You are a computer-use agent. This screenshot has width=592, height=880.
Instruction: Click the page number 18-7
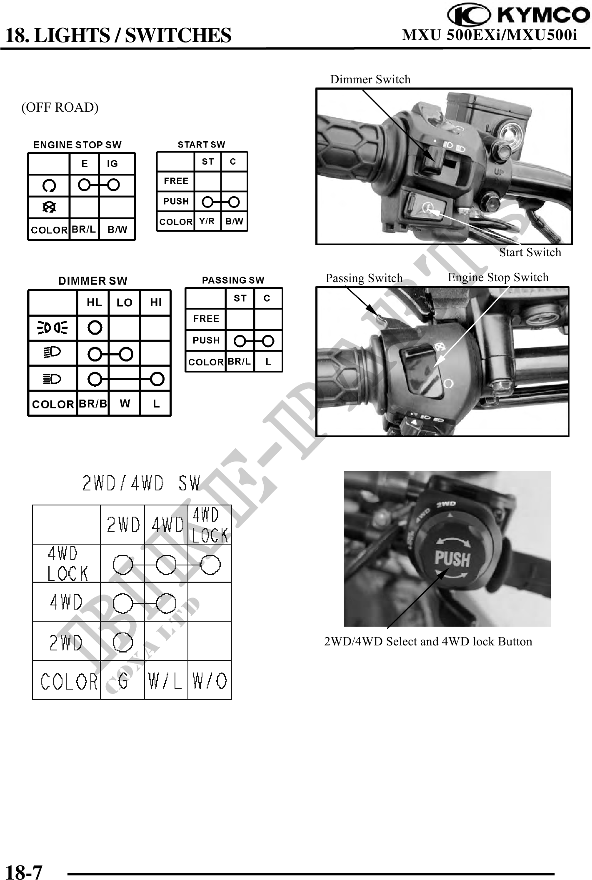pos(24,869)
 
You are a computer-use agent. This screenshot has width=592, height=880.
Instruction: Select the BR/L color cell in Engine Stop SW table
pos(84,229)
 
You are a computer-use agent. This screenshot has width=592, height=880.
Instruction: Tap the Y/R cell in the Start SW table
pos(207,221)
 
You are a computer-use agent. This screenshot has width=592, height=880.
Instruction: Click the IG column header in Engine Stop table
pos(112,164)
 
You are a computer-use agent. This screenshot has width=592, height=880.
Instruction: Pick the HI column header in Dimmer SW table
pos(156,302)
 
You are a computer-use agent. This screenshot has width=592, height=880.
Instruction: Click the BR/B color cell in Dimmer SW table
pos(92,403)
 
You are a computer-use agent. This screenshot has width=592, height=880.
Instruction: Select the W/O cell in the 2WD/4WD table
pos(210,681)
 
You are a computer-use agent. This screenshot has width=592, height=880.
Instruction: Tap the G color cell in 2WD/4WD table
pos(122,681)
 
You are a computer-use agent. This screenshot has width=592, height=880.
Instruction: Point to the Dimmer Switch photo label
pos(370,79)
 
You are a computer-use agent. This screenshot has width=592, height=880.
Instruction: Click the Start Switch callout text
pos(530,252)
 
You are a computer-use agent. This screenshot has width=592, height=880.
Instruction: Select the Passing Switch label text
pos(364,278)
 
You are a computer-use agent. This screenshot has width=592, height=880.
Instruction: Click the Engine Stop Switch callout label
pos(498,277)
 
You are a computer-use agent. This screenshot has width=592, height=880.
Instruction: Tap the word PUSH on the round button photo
pos(452,559)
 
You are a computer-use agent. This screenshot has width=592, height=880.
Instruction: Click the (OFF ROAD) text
pos(60,107)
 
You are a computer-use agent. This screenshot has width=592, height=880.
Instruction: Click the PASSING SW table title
pos(233,280)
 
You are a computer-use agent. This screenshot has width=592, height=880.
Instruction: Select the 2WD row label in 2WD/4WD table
pos(66,642)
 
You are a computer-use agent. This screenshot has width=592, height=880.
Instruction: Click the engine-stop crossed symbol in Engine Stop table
pos(49,207)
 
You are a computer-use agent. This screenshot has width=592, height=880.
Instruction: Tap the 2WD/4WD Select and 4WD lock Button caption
pos(428,641)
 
